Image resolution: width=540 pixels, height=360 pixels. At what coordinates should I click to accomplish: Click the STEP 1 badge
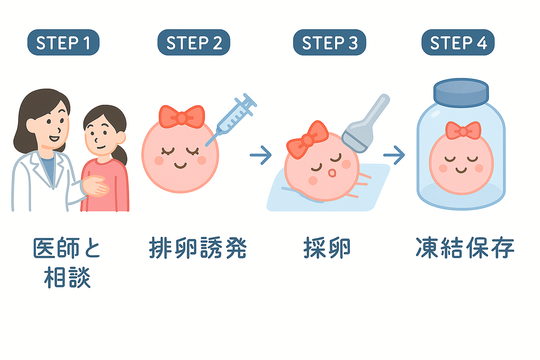pos(63,43)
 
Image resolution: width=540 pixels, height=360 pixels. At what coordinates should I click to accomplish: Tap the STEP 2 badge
pos(194,43)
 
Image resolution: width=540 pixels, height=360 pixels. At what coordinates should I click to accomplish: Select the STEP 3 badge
pos(329,43)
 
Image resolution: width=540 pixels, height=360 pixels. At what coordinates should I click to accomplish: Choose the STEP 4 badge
pos(458,43)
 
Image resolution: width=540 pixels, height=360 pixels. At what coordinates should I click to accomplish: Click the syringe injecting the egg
pos(231,120)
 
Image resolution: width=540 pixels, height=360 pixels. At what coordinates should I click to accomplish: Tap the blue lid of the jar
pos(461,93)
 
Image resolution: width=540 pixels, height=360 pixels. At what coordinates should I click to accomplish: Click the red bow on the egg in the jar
pos(463,131)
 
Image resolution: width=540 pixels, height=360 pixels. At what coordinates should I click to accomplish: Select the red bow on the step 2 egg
pos(182,117)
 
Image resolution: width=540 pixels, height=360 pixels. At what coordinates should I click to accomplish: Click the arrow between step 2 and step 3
pos(261,155)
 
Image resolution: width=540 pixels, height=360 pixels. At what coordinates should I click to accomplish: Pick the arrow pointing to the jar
pos(394,155)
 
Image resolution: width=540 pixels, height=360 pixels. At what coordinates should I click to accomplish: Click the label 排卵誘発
pos(198,248)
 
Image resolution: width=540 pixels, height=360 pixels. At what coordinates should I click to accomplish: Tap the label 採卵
pos(327,248)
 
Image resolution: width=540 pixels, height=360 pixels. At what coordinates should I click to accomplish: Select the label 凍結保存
pos(465,248)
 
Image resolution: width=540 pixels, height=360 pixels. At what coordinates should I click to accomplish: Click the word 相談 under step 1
pos(67,277)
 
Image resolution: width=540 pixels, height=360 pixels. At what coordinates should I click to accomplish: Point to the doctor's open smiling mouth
pos(54,139)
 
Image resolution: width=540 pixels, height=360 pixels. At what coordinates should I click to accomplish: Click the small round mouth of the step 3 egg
pos(332,173)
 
